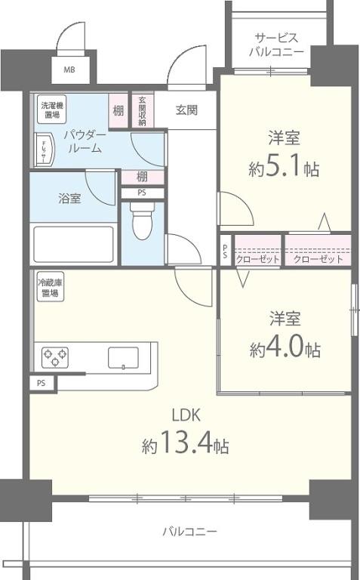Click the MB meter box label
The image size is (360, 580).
[69, 70]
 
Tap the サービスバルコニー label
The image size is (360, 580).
[277, 45]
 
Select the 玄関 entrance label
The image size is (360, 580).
[186, 110]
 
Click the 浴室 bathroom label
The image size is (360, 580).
[69, 199]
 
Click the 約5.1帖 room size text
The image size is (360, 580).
[284, 169]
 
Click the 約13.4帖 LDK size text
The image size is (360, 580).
[186, 446]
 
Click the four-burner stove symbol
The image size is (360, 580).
[55, 355]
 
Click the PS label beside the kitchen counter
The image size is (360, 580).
[41, 383]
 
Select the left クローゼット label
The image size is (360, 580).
[258, 259]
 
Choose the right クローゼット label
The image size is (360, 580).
[318, 259]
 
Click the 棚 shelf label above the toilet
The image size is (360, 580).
[142, 177]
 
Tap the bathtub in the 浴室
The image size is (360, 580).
[73, 243]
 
